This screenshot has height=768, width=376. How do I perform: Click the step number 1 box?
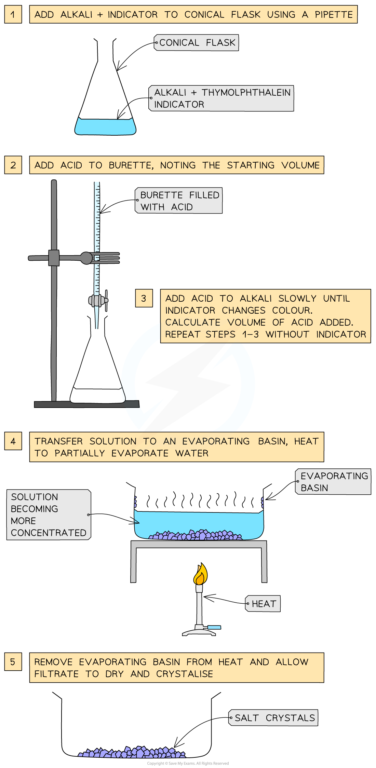click(13, 14)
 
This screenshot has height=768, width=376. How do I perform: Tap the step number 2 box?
click(13, 165)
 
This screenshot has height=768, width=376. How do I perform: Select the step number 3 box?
click(144, 298)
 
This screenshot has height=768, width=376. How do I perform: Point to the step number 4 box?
click(13, 441)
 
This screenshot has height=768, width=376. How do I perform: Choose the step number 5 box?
click(13, 662)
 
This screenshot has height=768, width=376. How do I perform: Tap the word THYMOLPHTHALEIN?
click(246, 93)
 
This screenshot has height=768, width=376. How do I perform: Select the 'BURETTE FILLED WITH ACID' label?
click(179, 201)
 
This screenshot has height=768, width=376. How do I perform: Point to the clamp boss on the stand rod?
click(54, 258)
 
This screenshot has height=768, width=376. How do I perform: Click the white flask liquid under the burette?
click(98, 396)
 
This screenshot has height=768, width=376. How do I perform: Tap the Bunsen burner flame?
click(200, 575)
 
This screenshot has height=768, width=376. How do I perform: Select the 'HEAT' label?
click(263, 604)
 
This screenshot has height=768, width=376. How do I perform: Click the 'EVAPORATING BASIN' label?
click(333, 482)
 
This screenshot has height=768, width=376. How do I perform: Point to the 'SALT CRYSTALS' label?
click(273, 718)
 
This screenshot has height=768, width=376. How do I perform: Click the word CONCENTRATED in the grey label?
click(49, 533)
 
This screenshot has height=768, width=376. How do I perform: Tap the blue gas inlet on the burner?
click(214, 627)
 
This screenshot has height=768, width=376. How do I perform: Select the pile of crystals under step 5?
click(132, 753)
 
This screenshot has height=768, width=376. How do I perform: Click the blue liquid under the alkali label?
click(105, 127)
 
